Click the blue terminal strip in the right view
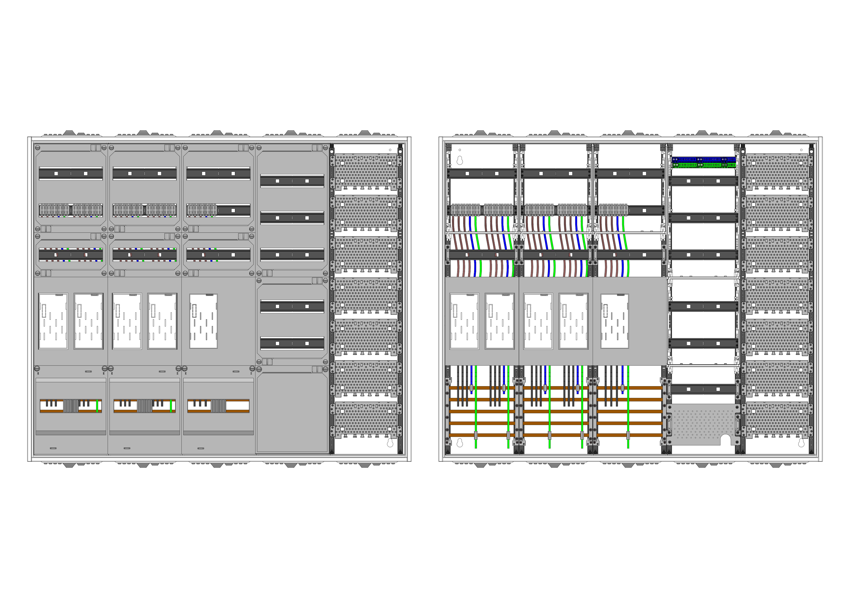coord(703,160)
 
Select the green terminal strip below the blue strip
coord(703,165)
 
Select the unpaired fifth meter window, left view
coord(203,321)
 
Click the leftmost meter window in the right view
coord(464,321)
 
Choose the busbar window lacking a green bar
coord(219,406)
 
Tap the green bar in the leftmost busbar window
coord(97,406)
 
